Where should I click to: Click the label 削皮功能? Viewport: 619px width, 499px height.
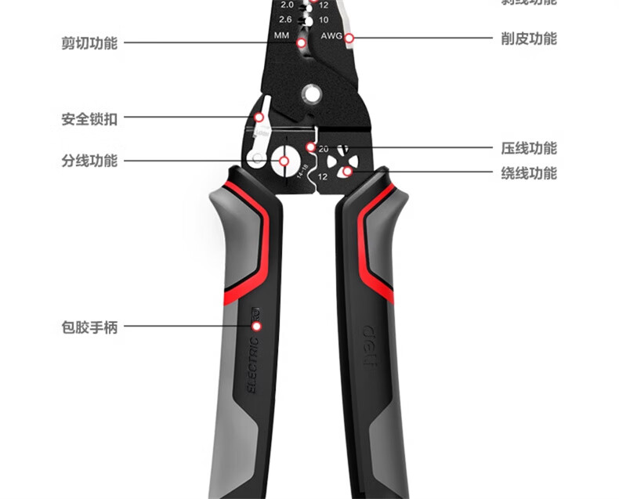tap(529, 38)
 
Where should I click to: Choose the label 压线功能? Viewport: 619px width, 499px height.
tap(529, 148)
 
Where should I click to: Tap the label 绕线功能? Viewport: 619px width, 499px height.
tap(529, 173)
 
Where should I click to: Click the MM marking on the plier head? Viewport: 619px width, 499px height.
tap(282, 37)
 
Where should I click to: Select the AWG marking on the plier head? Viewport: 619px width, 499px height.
tap(331, 37)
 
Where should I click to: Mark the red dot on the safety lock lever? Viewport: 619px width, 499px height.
tap(259, 118)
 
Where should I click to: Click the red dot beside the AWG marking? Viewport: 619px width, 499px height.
tap(349, 37)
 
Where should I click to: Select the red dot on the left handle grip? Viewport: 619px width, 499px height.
tap(256, 326)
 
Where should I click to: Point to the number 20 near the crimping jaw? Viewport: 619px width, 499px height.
tap(324, 148)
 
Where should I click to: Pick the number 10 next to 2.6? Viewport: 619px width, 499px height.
tap(324, 20)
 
